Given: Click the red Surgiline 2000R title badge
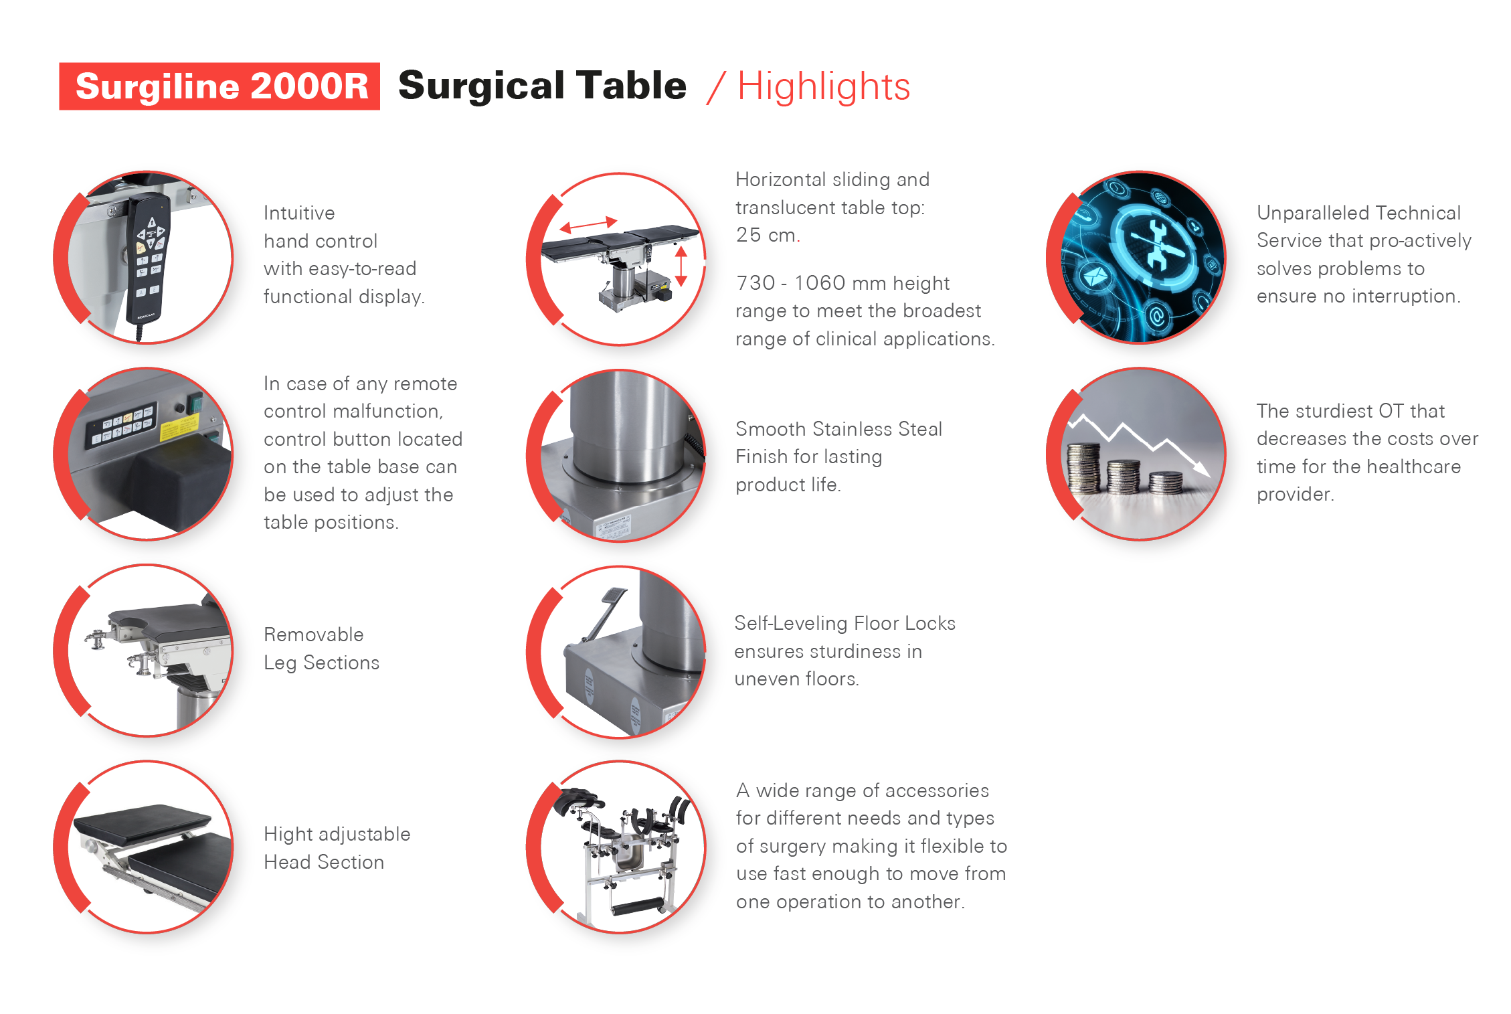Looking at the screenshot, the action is click(x=219, y=86).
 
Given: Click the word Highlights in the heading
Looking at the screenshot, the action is click(x=824, y=87).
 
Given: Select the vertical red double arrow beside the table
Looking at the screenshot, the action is click(x=681, y=266).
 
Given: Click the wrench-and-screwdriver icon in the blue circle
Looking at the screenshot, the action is click(x=1156, y=245).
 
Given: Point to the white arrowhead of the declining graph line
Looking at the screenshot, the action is click(x=1202, y=469).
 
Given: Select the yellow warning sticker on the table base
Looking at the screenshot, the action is click(x=179, y=427).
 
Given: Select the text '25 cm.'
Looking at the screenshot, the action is click(x=768, y=235).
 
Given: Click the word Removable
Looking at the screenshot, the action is click(x=314, y=635).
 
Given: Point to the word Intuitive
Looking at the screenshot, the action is click(x=299, y=213).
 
